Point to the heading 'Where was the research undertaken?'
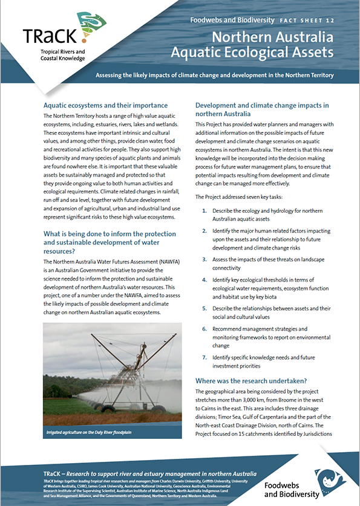251,381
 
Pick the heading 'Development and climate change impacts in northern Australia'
261,109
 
